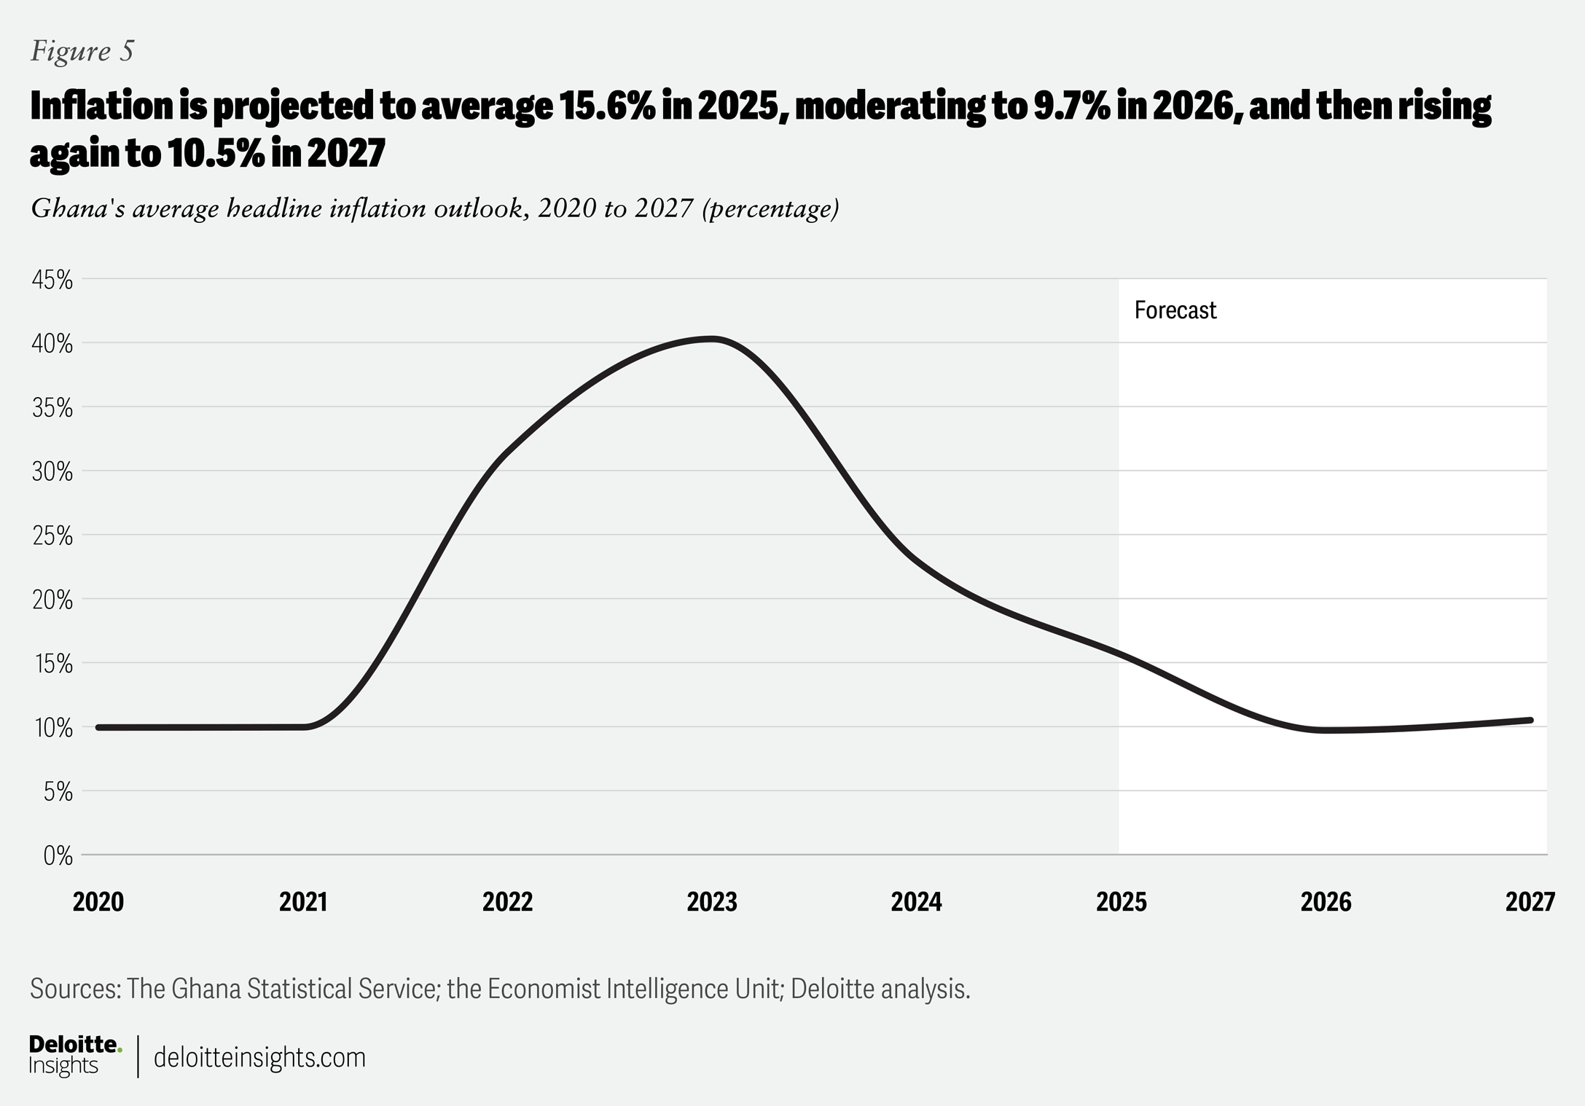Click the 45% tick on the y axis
tap(52, 280)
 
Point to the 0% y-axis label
tap(58, 855)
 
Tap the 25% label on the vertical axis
tap(52, 536)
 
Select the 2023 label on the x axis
tap(712, 902)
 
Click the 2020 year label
tap(98, 902)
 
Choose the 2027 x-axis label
tap(1530, 902)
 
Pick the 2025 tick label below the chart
tap(1121, 902)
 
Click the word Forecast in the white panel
tap(1175, 310)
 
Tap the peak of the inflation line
tap(712, 338)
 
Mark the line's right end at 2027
tap(1530, 721)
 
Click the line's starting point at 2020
tap(98, 727)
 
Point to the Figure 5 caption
tap(82, 51)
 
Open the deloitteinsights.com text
tap(259, 1057)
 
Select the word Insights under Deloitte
tap(63, 1065)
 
